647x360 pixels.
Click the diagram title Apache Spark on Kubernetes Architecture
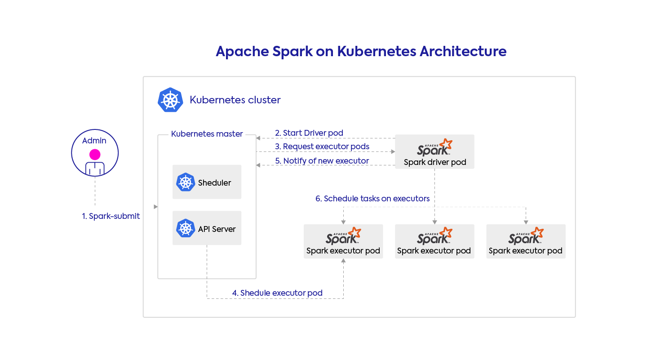(361, 51)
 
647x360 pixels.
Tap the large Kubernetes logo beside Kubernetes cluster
(170, 100)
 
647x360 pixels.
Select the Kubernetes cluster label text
(235, 100)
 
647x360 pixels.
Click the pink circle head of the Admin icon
(95, 155)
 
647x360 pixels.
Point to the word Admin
(94, 141)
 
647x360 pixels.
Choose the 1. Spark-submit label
(111, 216)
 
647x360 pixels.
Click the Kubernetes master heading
(207, 134)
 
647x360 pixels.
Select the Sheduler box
(207, 182)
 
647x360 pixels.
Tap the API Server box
(207, 228)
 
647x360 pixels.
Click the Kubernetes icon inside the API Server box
(185, 228)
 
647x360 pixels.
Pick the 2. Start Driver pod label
(309, 133)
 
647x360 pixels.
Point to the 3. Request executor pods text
(322, 147)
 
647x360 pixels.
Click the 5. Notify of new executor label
(322, 161)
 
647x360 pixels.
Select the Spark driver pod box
(434, 152)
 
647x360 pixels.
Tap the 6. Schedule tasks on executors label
(372, 199)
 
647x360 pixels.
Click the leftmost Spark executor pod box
(343, 241)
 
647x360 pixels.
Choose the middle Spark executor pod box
(434, 241)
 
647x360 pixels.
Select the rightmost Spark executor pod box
(526, 241)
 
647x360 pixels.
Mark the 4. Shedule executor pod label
(277, 293)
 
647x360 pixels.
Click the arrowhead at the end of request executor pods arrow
(392, 152)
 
